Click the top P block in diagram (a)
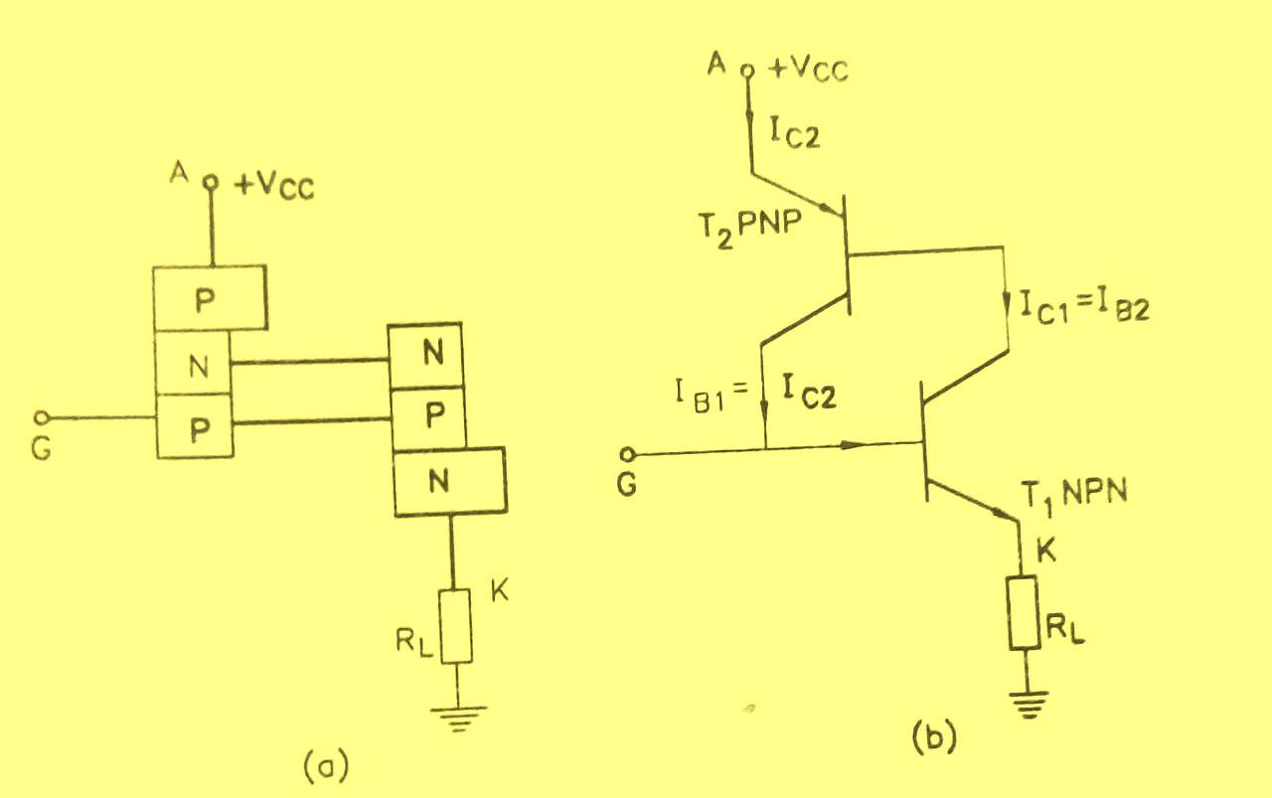pyautogui.click(x=210, y=298)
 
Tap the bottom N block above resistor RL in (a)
pyautogui.click(x=449, y=482)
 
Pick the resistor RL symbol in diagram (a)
pyautogui.click(x=456, y=625)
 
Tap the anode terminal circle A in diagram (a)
pyautogui.click(x=211, y=183)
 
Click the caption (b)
pyautogui.click(x=933, y=736)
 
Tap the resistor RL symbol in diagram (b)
pyautogui.click(x=1025, y=613)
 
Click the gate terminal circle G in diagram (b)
pyautogui.click(x=625, y=455)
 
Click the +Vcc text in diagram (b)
pyautogui.click(x=809, y=70)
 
